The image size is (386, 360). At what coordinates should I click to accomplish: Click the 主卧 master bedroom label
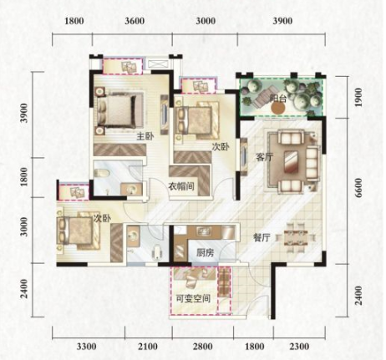pos(145,136)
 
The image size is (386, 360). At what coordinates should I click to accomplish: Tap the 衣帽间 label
pos(181,186)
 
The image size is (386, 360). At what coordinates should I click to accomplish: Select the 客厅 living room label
pos(264,158)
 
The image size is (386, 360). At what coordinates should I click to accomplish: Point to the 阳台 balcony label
pos(278,99)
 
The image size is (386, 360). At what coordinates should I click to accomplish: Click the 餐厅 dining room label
pos(262,238)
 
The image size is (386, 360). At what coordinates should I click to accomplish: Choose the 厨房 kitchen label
pos(206,253)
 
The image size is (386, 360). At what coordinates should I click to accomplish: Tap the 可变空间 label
pos(193,299)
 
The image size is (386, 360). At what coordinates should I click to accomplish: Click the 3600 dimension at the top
pos(135,21)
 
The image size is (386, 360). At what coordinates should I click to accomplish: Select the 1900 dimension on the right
pos(358,97)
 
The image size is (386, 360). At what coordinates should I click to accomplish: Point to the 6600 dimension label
pos(358,188)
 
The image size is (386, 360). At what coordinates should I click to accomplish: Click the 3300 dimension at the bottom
pos(87,347)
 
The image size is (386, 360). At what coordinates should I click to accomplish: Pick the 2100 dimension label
pos(148,347)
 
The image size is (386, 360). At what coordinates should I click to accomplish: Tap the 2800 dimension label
pos(202,347)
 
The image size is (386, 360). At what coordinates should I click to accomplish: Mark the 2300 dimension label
pos(299,347)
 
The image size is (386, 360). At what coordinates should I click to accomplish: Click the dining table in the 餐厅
pos(296,238)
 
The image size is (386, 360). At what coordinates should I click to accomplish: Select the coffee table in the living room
pos(291,162)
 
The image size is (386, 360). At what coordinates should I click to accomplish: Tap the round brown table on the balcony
pos(278,109)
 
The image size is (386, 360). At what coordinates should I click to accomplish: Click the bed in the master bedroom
pos(118,110)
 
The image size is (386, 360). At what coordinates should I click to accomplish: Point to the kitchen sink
pos(202,231)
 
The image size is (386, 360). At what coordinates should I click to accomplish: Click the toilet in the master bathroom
pos(101,174)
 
